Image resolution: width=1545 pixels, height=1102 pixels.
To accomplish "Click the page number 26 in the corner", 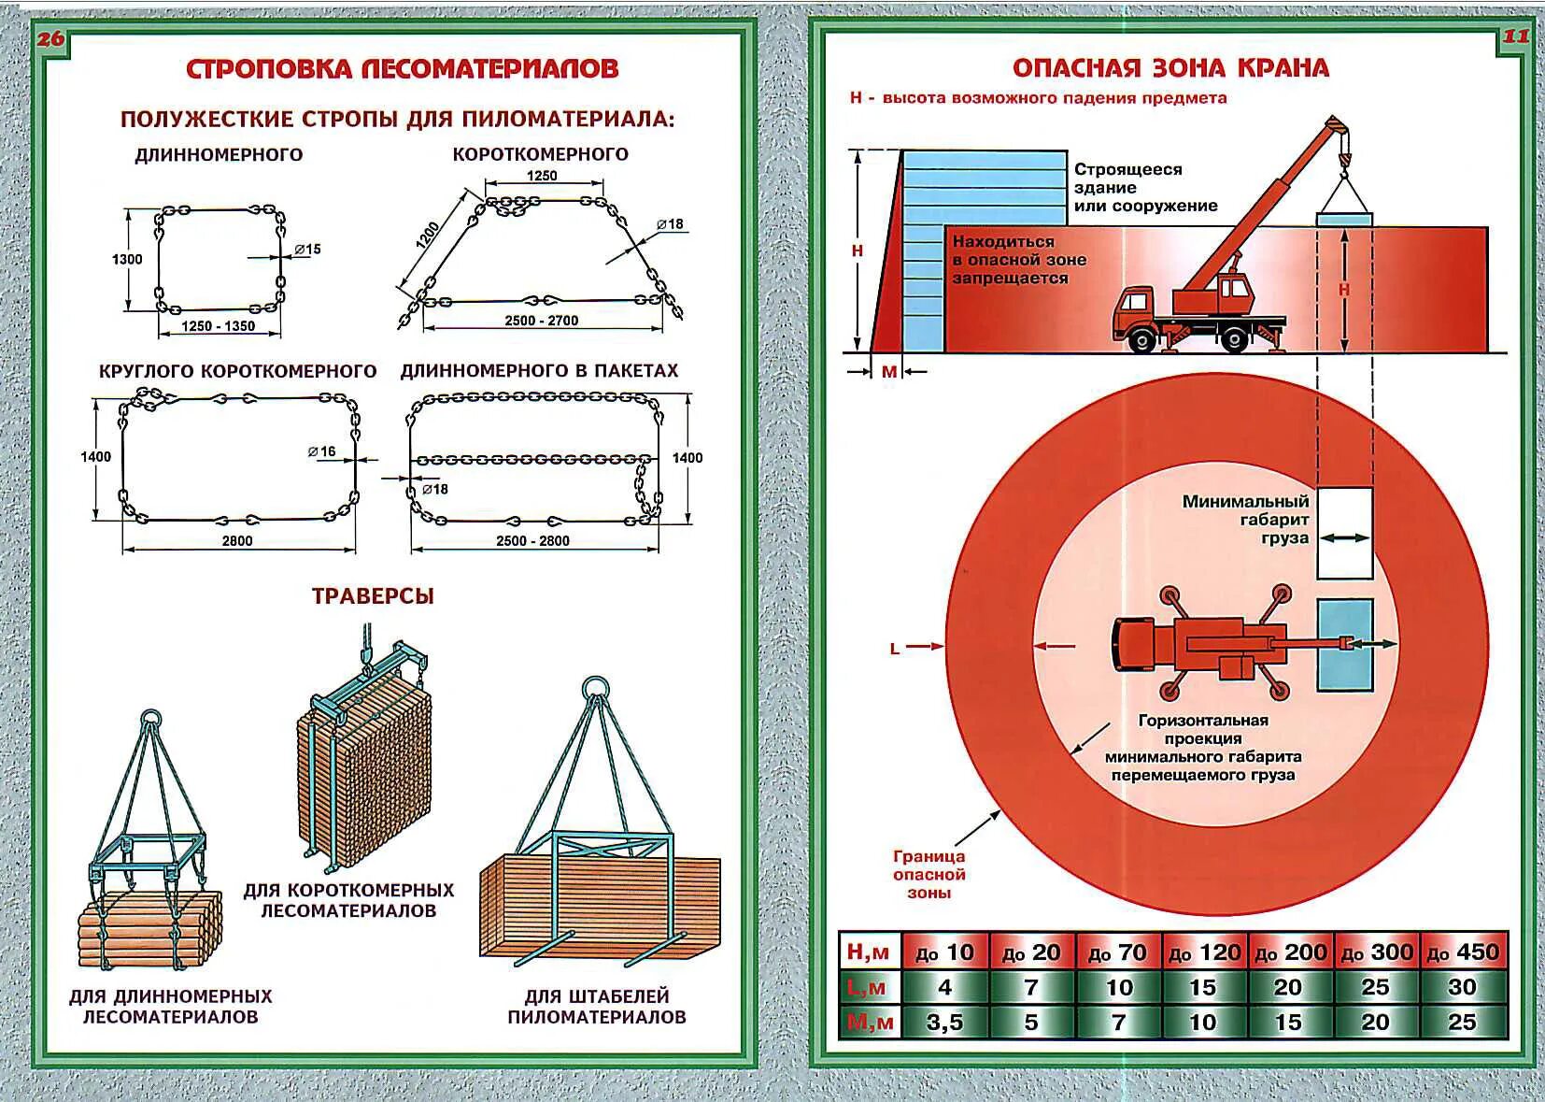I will [x=51, y=39].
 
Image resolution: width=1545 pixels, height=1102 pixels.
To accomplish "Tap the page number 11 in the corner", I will [x=1515, y=37].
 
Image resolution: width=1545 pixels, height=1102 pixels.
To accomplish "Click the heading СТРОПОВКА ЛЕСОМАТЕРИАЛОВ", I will [x=402, y=69].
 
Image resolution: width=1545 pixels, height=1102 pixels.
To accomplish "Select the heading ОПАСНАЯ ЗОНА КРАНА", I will [x=1170, y=68].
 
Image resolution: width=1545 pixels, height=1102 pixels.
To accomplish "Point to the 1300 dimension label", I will [x=127, y=259].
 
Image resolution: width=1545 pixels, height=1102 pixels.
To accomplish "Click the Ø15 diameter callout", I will [x=307, y=250].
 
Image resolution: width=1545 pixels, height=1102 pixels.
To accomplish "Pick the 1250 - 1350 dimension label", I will [x=218, y=326].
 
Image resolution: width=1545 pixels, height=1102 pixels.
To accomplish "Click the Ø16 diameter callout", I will [x=321, y=451].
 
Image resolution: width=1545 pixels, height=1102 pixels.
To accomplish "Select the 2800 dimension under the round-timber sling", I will [x=237, y=540].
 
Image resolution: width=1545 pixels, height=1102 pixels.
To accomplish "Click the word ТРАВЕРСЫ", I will [x=373, y=596].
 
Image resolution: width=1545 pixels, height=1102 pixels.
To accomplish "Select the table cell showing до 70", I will [x=1118, y=952].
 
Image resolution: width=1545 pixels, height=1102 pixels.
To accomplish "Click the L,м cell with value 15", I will [x=1203, y=987].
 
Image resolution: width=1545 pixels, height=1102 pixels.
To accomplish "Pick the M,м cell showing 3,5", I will [x=944, y=1022].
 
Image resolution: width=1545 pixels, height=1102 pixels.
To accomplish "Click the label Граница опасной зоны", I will [x=928, y=875].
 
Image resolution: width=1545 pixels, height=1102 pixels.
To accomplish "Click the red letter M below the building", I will [x=889, y=372].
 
